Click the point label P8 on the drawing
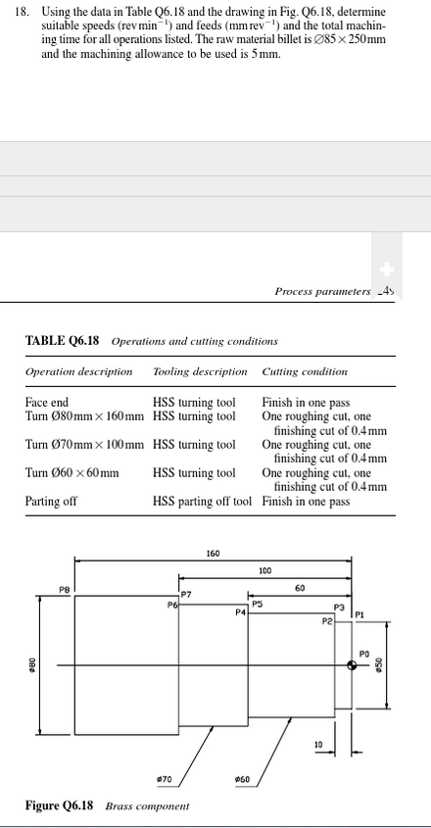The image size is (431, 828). click(x=65, y=589)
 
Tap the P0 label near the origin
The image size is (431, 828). click(x=363, y=653)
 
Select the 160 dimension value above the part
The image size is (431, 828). click(x=213, y=554)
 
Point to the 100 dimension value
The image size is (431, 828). click(x=264, y=570)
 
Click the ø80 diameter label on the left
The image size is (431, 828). click(x=31, y=664)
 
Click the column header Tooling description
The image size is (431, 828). click(x=200, y=372)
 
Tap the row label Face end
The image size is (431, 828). click(x=46, y=403)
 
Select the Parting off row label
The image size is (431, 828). click(x=51, y=502)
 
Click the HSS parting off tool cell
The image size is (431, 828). click(x=202, y=502)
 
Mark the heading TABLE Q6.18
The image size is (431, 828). click(x=65, y=341)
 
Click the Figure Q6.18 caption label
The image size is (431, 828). click(x=59, y=805)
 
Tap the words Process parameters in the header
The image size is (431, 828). click(x=321, y=291)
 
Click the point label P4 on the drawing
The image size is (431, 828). click(x=240, y=612)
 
